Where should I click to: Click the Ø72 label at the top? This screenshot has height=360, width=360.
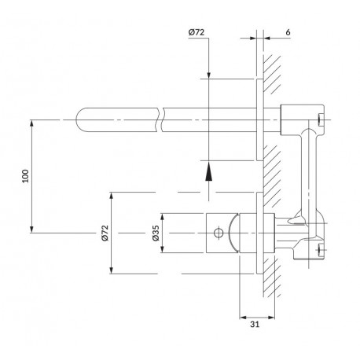click(x=197, y=32)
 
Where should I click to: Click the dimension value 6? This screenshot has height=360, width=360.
click(x=288, y=32)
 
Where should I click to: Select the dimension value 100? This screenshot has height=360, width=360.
click(x=25, y=176)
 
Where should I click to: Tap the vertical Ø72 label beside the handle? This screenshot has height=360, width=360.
click(x=105, y=233)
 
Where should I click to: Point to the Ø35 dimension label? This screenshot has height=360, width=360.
click(x=156, y=233)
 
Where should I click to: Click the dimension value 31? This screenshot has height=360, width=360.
click(x=255, y=324)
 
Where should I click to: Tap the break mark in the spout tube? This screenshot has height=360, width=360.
click(x=160, y=119)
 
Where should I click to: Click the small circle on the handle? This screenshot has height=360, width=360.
click(x=219, y=233)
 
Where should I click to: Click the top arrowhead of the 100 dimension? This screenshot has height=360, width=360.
click(x=32, y=123)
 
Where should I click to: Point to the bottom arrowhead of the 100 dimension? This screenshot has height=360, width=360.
click(x=32, y=229)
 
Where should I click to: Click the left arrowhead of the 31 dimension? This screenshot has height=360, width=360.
click(x=244, y=318)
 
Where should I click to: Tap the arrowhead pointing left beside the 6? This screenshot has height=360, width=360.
click(x=267, y=39)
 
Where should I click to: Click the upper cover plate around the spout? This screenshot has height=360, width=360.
click(x=259, y=119)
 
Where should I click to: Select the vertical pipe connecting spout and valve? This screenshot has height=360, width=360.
click(x=309, y=173)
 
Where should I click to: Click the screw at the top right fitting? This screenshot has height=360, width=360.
click(x=321, y=119)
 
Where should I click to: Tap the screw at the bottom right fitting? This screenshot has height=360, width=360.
click(x=320, y=249)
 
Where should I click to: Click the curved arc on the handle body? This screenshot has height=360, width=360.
click(x=233, y=233)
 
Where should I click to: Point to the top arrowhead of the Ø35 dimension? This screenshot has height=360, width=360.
click(x=163, y=217)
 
